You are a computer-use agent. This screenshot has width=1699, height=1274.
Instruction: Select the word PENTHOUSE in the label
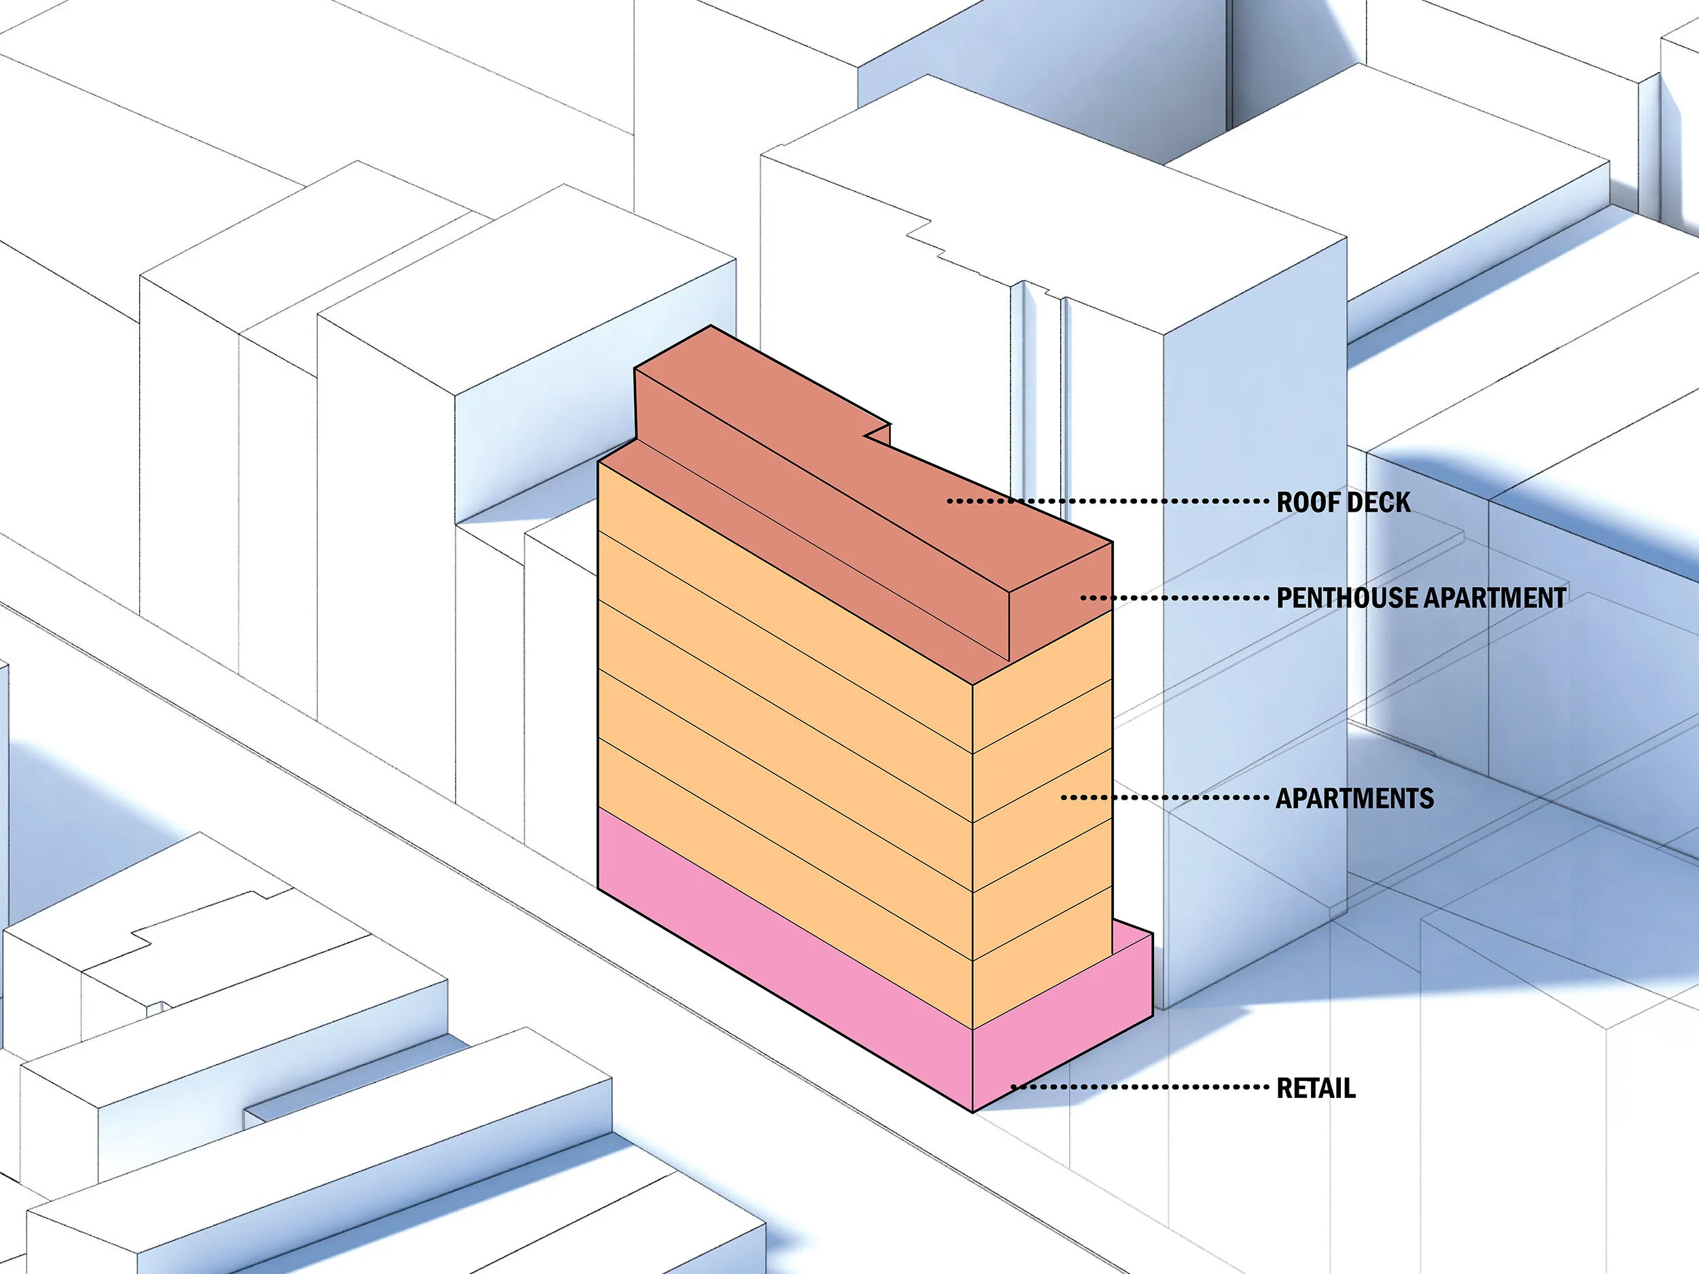(1346, 597)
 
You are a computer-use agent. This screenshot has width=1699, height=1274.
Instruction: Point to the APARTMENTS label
(1354, 798)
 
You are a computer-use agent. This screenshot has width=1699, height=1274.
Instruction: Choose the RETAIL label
(1316, 1088)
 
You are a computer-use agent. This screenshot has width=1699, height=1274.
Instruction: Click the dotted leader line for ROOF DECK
(1106, 501)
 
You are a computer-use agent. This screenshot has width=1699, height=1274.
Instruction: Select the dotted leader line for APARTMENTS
(1163, 798)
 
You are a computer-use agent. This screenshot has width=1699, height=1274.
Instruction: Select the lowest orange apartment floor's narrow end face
(1043, 960)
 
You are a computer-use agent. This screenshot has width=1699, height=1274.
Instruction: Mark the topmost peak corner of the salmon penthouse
(710, 326)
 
